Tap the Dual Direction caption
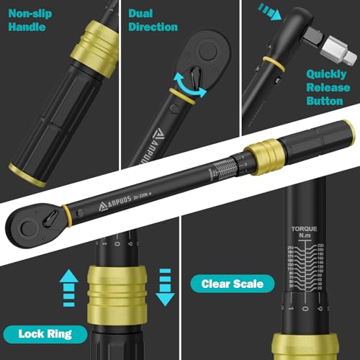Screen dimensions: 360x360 pyautogui.click(x=153, y=19)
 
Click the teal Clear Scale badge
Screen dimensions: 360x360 pyautogui.click(x=233, y=284)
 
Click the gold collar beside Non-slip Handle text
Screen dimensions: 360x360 pyautogui.click(x=89, y=46)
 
